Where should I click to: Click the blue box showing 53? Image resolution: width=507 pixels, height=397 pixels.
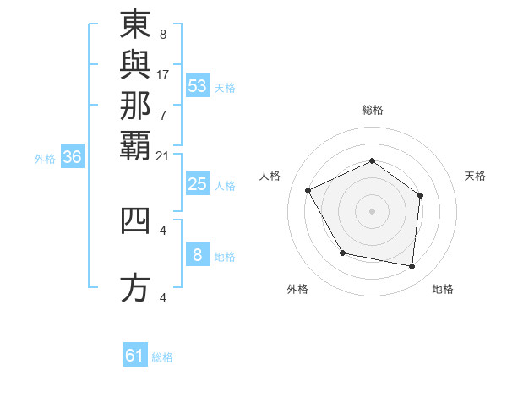pos(198,85)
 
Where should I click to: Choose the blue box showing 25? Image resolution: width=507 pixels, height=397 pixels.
pos(198,184)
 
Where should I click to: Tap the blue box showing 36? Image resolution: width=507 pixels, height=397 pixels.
pos(73,157)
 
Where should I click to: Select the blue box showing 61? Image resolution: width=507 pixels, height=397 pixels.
pos(135,356)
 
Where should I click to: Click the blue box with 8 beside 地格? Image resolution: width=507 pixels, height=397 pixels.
pos(198,255)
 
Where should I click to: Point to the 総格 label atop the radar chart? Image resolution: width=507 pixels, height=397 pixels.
pos(373,110)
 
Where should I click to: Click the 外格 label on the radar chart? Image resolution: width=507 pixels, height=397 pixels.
pos(297,290)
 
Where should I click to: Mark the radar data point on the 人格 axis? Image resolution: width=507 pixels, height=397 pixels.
pos(308,190)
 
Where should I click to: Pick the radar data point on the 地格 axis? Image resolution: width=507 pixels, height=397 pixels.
pos(412,266)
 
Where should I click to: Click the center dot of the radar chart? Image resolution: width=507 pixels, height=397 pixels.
pos(373,210)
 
